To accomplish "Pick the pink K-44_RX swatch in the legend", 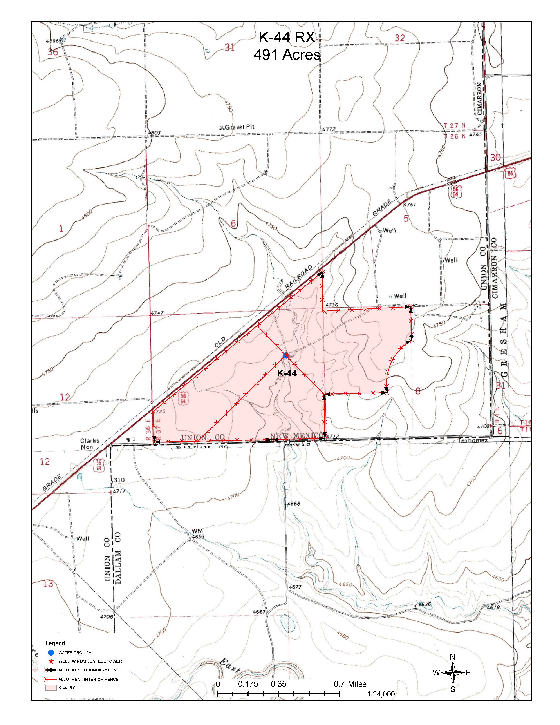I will coord(49,688).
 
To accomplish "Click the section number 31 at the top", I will coord(229,47).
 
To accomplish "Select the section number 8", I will coord(418,391).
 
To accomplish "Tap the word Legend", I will coord(55,643).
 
